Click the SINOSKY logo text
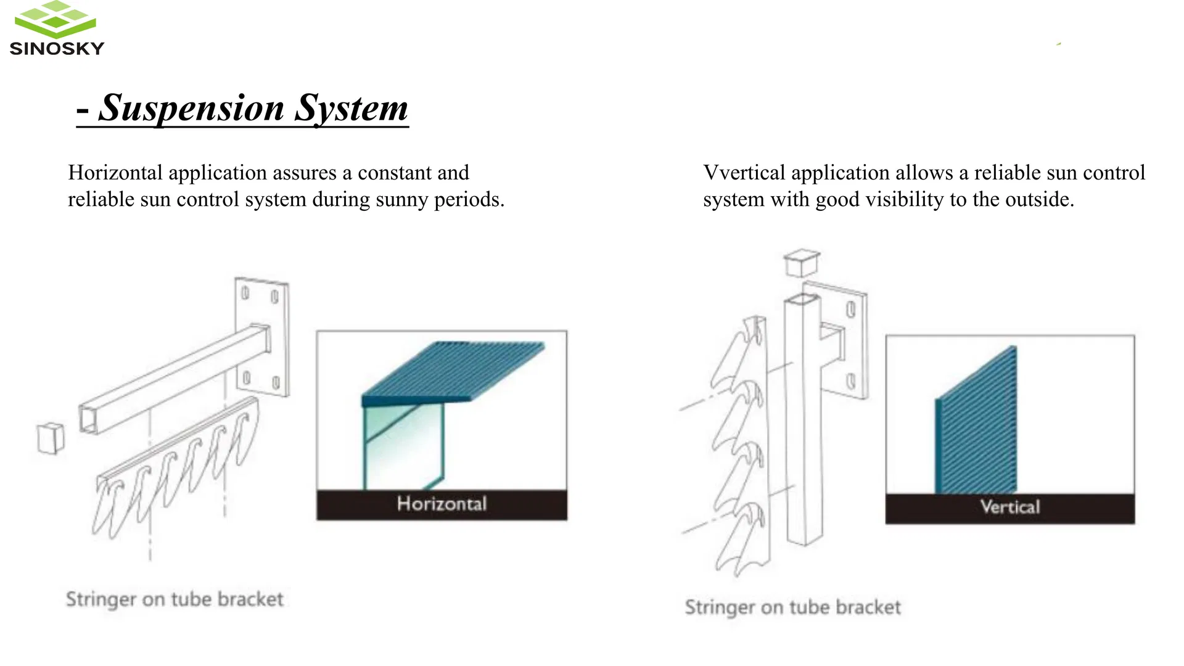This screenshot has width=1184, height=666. coord(57,48)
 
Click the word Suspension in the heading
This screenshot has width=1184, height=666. coord(191,108)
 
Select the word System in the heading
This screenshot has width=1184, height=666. coord(351,108)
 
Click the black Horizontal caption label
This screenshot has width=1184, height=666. coord(442,504)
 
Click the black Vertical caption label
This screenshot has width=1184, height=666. coord(1009,508)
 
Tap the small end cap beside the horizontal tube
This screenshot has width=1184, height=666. coord(51,438)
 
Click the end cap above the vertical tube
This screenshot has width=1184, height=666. coord(802,262)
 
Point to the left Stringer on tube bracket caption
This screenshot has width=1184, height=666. coord(175,599)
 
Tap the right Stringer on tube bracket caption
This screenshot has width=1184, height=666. coord(792,607)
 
